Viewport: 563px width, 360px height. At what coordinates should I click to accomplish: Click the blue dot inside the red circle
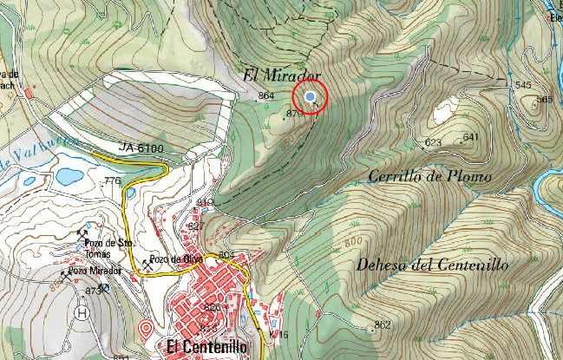pyautogui.click(x=311, y=96)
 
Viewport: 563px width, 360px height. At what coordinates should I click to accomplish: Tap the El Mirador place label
pyautogui.click(x=283, y=75)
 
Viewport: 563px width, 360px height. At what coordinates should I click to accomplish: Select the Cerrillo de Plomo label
pyautogui.click(x=429, y=177)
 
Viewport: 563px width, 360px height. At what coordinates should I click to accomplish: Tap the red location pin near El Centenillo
pyautogui.click(x=146, y=329)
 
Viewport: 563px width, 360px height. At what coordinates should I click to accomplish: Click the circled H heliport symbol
pyautogui.click(x=83, y=312)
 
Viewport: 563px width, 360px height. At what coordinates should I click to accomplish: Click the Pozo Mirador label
pyautogui.click(x=92, y=272)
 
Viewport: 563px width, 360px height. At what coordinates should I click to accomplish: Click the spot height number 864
pyautogui.click(x=266, y=95)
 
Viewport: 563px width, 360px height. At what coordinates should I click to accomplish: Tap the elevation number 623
pyautogui.click(x=433, y=142)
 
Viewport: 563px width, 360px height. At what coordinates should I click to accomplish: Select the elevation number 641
pyautogui.click(x=470, y=137)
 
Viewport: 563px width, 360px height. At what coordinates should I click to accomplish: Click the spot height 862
pyautogui.click(x=382, y=324)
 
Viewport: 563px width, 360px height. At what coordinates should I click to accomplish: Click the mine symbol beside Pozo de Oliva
pyautogui.click(x=144, y=260)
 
